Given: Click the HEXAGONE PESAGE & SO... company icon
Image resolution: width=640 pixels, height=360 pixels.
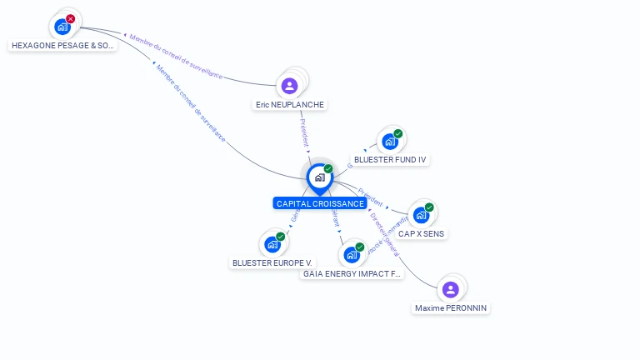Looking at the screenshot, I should point(62,27).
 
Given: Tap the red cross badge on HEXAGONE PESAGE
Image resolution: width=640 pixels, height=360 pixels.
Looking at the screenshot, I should point(70,18).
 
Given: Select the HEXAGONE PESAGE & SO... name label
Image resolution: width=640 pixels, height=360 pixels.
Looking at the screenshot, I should point(62,46).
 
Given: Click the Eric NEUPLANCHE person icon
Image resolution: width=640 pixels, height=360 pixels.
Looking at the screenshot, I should point(289,85).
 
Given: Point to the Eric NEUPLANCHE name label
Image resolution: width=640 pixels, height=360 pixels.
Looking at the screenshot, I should point(290,105).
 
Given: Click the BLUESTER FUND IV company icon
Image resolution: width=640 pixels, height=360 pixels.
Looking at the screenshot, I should point(389,141).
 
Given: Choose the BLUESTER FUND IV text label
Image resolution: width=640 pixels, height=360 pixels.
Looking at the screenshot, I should point(391,159).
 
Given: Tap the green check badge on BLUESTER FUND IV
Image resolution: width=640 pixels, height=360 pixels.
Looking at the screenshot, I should point(398,133).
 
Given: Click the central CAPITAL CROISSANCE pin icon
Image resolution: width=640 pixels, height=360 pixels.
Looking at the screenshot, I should point(319,177).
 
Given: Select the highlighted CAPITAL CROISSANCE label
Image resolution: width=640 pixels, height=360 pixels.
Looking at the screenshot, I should point(320,203).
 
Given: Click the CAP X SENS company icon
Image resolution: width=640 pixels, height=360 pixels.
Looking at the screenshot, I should point(421,215).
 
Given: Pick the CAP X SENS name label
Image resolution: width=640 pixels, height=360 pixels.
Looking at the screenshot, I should point(421,234).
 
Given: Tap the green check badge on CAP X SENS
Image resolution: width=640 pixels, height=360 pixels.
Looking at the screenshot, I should point(429,207).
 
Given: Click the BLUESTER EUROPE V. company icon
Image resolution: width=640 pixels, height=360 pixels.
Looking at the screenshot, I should point(272,244).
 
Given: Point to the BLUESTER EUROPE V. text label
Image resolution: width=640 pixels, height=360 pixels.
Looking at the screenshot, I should point(272,262).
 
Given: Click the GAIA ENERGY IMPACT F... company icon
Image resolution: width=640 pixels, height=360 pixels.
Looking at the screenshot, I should point(351,255).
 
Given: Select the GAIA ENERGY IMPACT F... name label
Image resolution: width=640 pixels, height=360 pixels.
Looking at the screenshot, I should point(352,273).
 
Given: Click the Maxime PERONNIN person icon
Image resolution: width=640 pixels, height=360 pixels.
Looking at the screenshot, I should point(451,289).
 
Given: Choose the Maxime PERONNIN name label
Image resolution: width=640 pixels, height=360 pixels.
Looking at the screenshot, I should point(451,308).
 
